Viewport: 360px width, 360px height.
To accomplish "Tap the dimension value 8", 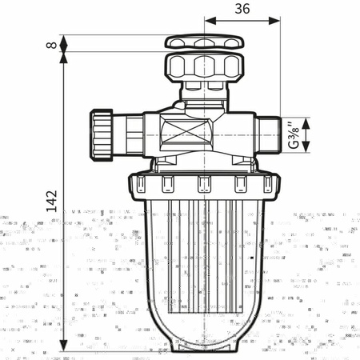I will tap(51, 45).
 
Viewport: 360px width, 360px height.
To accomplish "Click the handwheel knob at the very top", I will tap(204, 42).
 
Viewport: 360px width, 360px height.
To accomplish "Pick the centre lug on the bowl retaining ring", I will tap(203, 185).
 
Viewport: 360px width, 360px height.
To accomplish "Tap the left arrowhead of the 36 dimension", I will tap(208, 21).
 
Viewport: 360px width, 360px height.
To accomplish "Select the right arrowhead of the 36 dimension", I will tap(276, 21).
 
